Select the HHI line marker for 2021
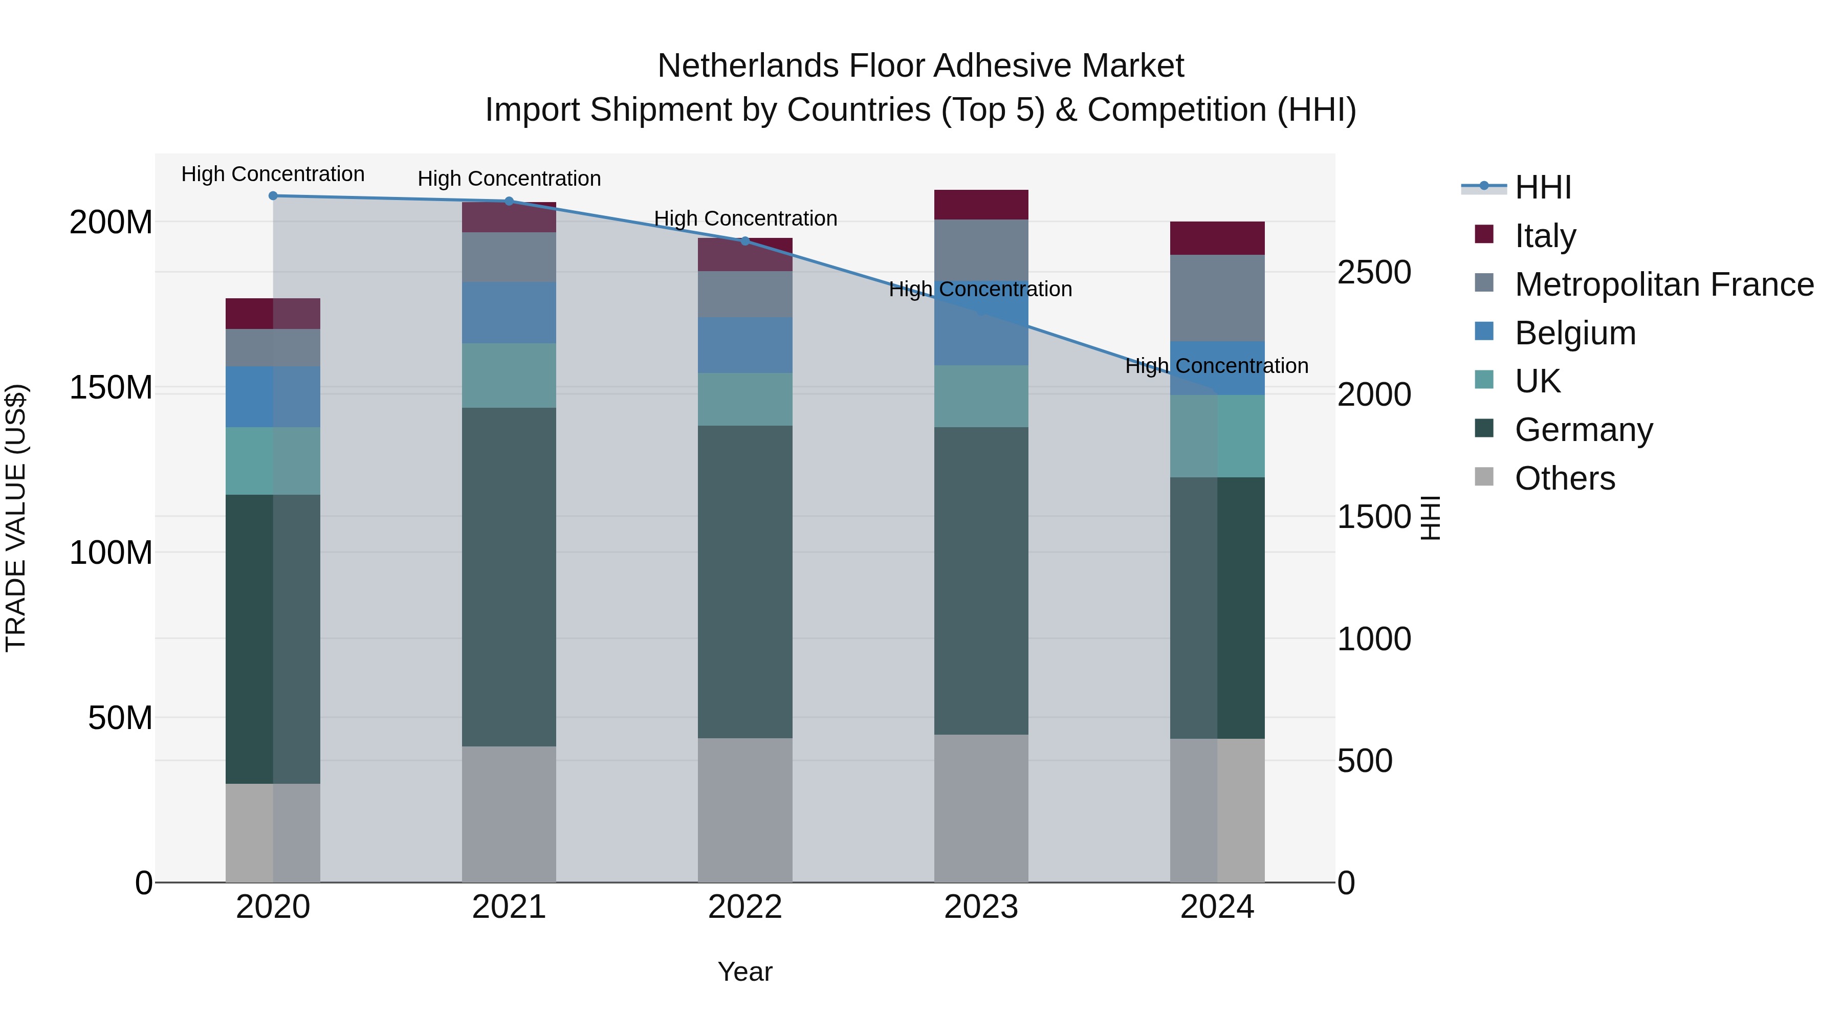(509, 201)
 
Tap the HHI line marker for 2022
(745, 241)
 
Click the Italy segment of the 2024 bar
(1217, 238)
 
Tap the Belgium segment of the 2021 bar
(509, 313)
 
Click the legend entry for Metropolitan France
(1664, 284)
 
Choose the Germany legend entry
(1583, 430)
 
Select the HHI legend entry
(1542, 187)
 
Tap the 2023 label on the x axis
(981, 907)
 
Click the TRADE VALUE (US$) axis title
(16, 518)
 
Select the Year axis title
(745, 972)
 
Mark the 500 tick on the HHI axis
(1364, 761)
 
